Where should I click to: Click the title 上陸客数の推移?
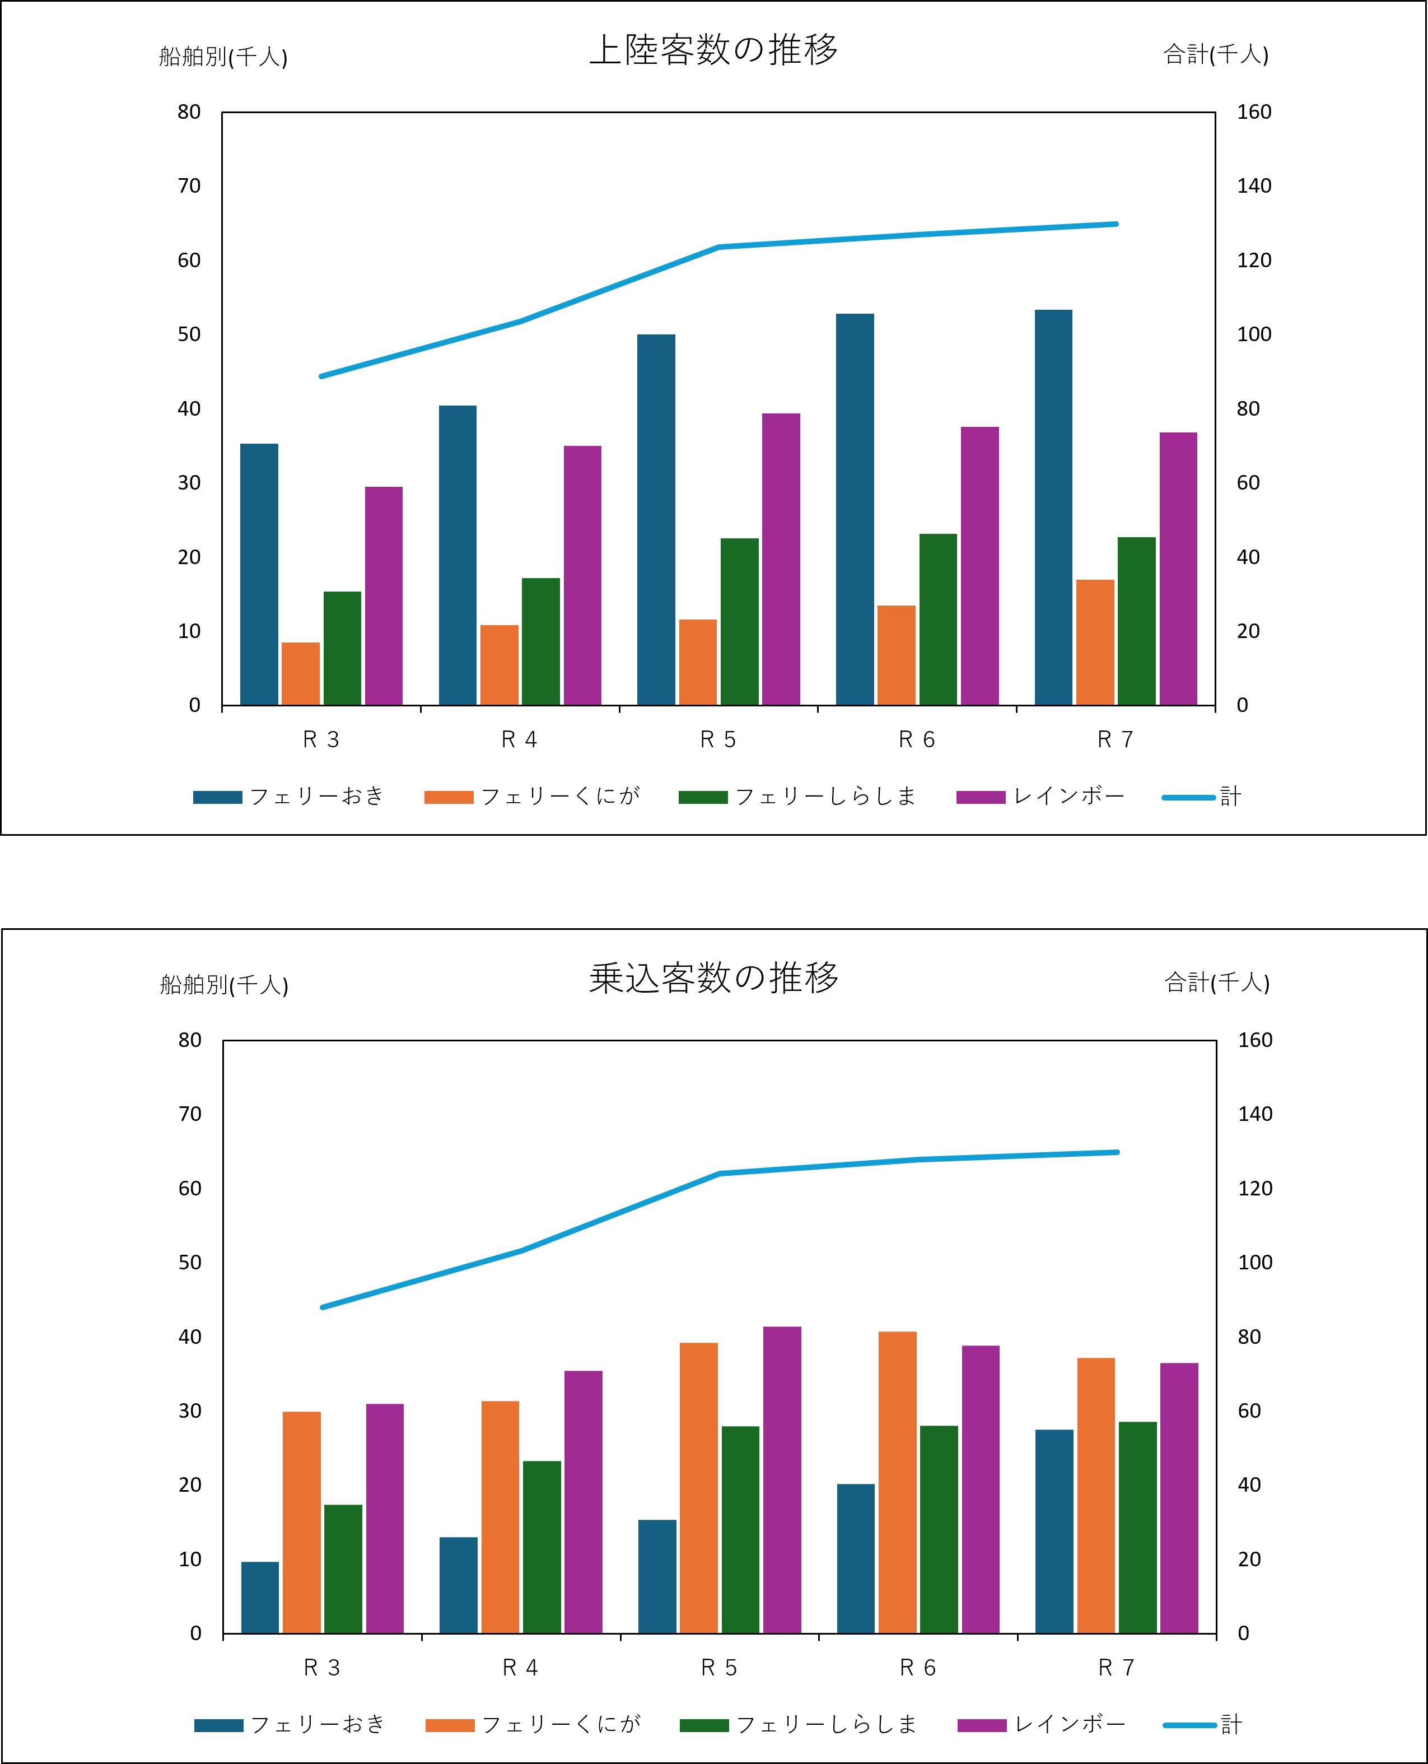pos(714,49)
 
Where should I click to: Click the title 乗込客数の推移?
pos(714,978)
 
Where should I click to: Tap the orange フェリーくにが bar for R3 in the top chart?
pos(300,674)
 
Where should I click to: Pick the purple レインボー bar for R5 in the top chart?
pos(781,560)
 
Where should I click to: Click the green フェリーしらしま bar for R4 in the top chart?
pos(540,642)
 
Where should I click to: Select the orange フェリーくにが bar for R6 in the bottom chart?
pos(898,1483)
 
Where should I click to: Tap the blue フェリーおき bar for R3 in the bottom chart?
pos(260,1598)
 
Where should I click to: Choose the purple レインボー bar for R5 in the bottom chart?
pos(782,1480)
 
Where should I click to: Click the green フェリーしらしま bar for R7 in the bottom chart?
pos(1137,1528)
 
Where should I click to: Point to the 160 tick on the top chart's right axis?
pos(1254,112)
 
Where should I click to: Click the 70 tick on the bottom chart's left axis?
pos(190,1114)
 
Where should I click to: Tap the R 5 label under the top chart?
pos(718,739)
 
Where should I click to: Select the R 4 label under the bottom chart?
pos(520,1668)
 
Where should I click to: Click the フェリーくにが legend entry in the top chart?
pos(532,797)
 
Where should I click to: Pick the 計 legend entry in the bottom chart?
pos(1203,1724)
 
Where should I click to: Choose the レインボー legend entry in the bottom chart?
pos(1042,1724)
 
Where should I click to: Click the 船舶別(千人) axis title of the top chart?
pos(223,56)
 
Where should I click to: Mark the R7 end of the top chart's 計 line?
pos(1116,224)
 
